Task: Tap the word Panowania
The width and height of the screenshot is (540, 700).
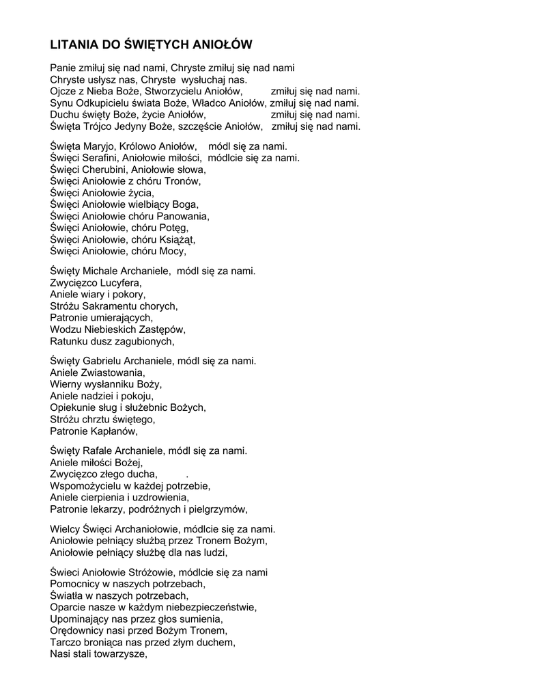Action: pyautogui.click(x=184, y=216)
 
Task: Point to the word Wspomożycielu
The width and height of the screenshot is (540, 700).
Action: pyautogui.click(x=88, y=486)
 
